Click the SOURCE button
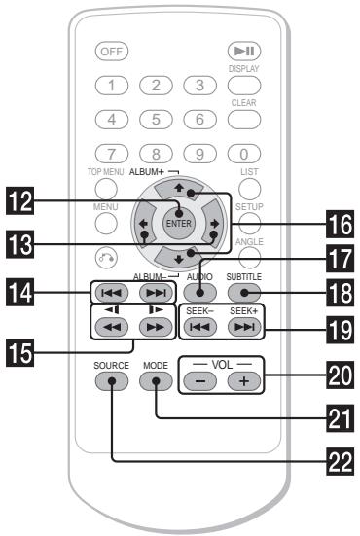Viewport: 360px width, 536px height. coord(112,379)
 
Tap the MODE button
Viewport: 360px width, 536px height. coord(155,379)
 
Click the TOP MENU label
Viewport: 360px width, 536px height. coord(111,171)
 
